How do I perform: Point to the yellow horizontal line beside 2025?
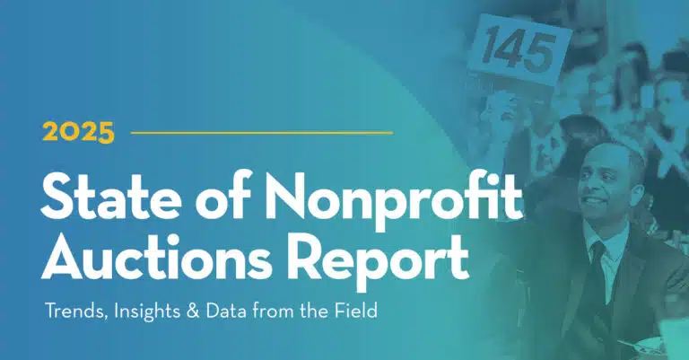point(261,133)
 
